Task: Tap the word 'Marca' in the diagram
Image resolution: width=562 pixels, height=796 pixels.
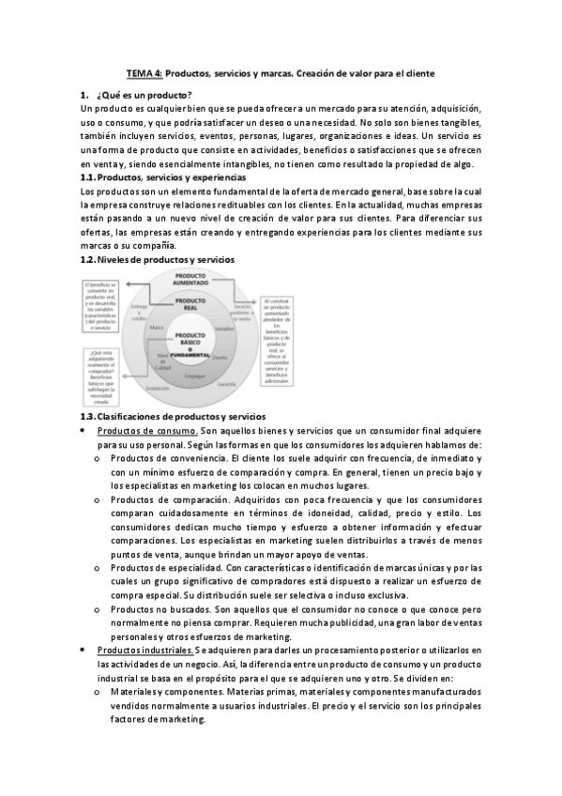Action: point(157,328)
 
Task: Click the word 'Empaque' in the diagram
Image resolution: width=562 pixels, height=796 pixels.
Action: point(194,375)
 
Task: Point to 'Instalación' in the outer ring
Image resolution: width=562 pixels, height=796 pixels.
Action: point(157,388)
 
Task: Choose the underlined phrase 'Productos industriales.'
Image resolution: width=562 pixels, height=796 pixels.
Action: point(144,650)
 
